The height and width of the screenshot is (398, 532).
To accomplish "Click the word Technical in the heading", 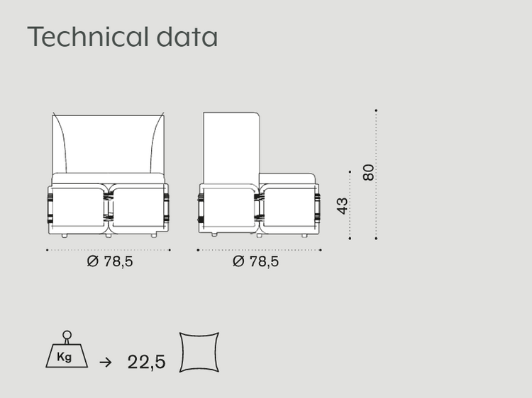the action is coord(88,36).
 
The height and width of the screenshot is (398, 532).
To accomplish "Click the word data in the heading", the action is coord(187,36).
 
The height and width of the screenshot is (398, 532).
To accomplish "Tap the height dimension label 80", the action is coord(368,172).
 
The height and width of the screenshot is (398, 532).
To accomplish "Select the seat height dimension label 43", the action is coord(343,206).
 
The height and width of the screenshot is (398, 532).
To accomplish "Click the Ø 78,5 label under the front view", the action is coord(109,261).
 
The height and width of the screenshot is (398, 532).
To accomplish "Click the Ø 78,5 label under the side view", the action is coord(255,261).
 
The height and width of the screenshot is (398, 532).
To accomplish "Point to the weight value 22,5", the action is coord(147,362).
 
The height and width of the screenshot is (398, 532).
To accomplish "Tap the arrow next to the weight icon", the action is coord(106,363).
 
